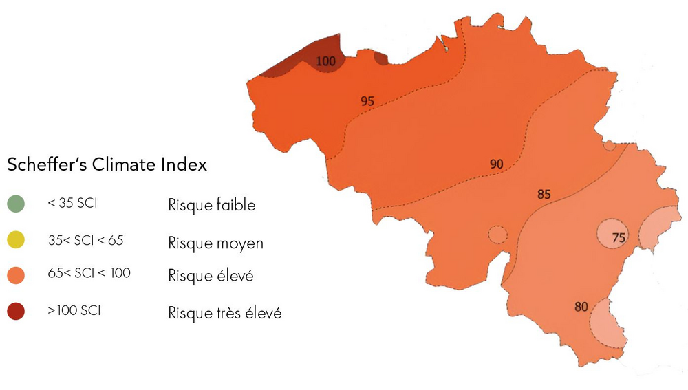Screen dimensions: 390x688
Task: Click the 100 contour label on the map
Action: (x=326, y=61)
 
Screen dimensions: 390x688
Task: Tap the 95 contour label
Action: (x=367, y=101)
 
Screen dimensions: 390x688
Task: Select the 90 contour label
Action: (x=497, y=164)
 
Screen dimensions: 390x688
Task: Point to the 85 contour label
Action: (x=544, y=195)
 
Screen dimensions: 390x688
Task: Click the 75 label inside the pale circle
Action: (x=618, y=238)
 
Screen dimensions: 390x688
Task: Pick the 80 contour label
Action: (x=581, y=307)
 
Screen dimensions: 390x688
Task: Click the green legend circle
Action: (x=16, y=204)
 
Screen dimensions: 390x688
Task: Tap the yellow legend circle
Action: (x=16, y=240)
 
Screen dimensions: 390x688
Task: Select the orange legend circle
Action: (x=16, y=277)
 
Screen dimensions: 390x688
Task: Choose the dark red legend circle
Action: (x=16, y=312)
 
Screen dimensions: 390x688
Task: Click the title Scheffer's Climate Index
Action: (x=107, y=166)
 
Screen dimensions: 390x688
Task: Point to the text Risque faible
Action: (x=212, y=205)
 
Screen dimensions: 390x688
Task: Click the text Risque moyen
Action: (x=215, y=243)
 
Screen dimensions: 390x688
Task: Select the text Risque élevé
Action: (x=211, y=277)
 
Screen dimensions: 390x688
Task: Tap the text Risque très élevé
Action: (x=225, y=313)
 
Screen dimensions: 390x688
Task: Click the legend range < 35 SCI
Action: (x=73, y=204)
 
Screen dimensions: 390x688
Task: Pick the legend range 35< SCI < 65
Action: (x=86, y=241)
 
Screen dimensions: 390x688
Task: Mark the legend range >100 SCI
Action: (x=74, y=311)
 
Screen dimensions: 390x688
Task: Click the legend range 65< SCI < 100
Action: (x=89, y=274)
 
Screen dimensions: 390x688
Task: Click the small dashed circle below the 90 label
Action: (x=497, y=235)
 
